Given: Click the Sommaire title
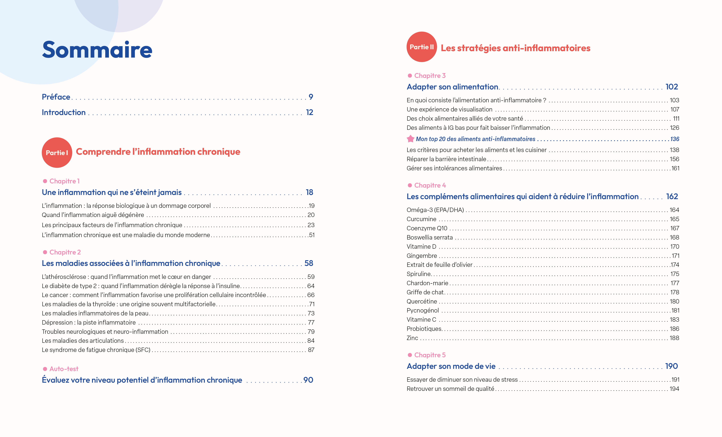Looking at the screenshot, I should [x=97, y=50].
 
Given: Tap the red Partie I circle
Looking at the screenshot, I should [x=57, y=153].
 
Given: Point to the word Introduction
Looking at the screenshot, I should [x=64, y=112].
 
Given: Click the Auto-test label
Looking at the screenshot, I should [x=64, y=369].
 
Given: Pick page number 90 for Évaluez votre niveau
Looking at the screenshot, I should [x=308, y=380].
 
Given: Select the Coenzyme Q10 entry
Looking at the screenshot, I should [x=427, y=228].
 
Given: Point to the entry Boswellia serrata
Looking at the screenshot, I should [x=430, y=237].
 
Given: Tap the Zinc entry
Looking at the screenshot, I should [x=412, y=338].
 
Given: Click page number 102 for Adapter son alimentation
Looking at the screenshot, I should [x=672, y=87].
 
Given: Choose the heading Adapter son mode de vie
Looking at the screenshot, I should [x=451, y=366].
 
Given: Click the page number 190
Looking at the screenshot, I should [x=671, y=366].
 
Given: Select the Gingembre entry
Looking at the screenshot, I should [x=422, y=256].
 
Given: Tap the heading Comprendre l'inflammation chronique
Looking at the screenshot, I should [x=158, y=152].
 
